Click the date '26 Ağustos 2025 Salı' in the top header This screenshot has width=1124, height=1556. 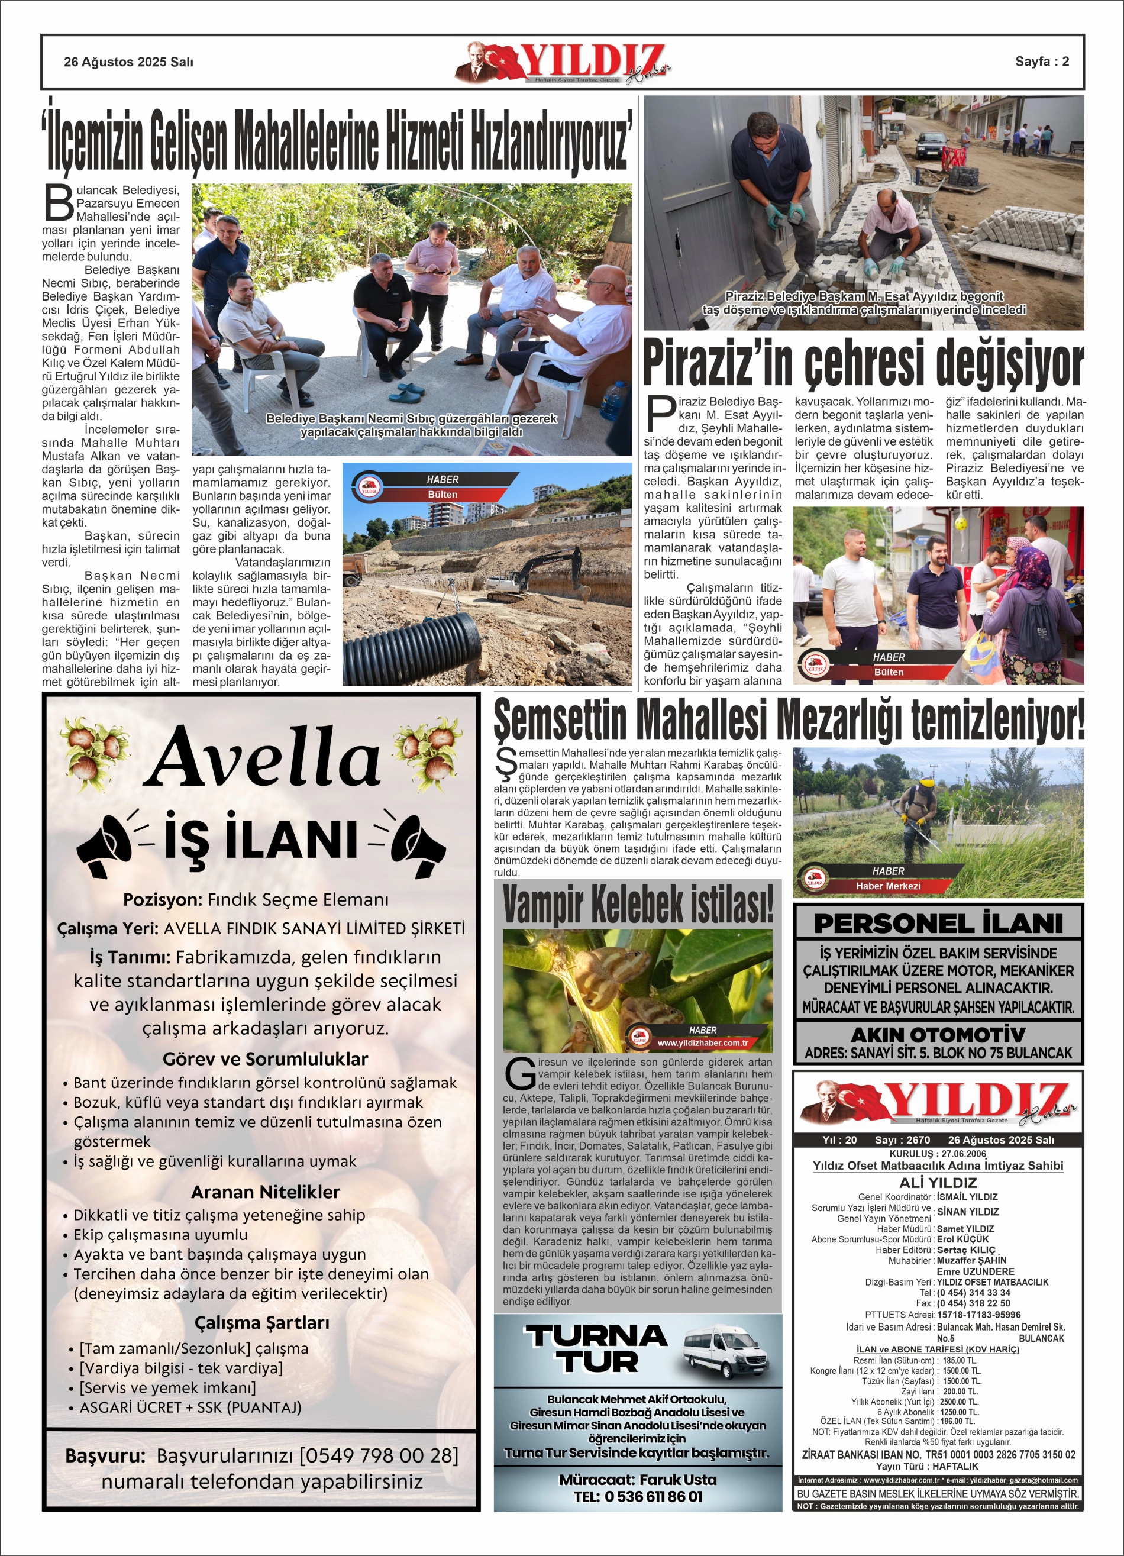click(128, 62)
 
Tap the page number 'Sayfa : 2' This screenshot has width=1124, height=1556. click(1042, 61)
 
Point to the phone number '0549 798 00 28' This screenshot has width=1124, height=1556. click(379, 1455)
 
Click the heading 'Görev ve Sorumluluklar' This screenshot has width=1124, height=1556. click(265, 1058)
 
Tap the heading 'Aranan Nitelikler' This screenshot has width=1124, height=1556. click(265, 1192)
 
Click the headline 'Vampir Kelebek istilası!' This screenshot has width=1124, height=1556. click(638, 904)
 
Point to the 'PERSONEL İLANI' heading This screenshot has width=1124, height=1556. click(938, 924)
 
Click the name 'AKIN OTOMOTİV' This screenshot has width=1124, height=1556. click(938, 1035)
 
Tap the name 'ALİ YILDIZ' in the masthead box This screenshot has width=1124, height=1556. click(938, 1182)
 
